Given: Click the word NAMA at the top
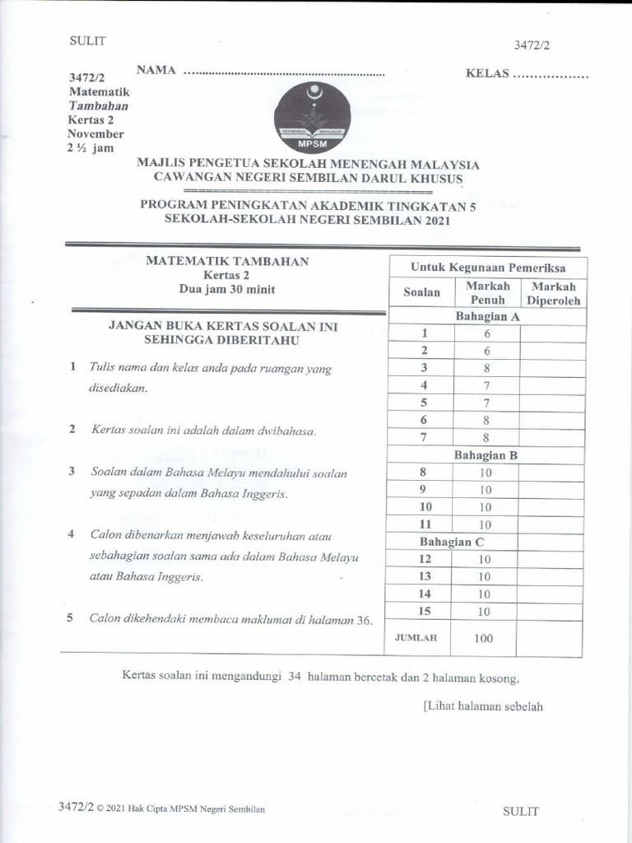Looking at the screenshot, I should (x=156, y=71).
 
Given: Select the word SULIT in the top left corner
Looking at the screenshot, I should (x=87, y=40).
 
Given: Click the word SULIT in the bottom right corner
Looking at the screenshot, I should (x=520, y=811).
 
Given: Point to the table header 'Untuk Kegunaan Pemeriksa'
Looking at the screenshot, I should (x=488, y=268).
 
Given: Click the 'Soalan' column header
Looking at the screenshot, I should (x=421, y=292).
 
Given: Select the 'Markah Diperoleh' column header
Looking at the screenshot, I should (x=554, y=293).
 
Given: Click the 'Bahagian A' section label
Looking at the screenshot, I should (x=487, y=316).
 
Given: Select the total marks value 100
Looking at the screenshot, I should (x=484, y=638).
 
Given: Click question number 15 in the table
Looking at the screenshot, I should (x=425, y=611).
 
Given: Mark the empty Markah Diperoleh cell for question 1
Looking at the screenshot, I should (x=553, y=333).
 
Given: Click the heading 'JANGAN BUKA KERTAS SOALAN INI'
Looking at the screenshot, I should (x=223, y=326).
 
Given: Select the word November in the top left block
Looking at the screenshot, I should (x=95, y=133).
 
